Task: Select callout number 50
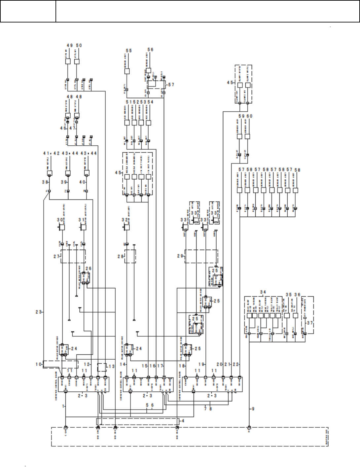79,45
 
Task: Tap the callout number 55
128,50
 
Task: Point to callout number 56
150,50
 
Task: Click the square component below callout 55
127,71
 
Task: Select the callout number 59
241,116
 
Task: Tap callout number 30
59,220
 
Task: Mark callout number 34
263,292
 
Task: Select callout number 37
309,323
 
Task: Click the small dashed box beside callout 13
102,368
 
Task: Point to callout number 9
253,409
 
